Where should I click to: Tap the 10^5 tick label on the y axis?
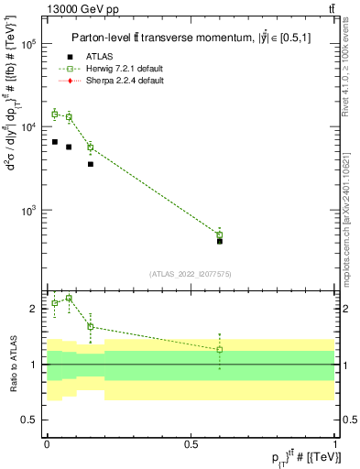[x=29, y=44]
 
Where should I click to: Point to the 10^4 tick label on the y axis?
[x=29, y=127]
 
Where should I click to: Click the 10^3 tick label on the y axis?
[x=29, y=211]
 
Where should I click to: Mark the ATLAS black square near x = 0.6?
[x=219, y=241]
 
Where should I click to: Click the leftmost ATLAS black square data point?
[x=55, y=142]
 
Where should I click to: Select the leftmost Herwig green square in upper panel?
[x=55, y=115]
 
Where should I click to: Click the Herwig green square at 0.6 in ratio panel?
[x=219, y=350]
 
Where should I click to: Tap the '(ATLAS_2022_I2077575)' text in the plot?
[x=189, y=274]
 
